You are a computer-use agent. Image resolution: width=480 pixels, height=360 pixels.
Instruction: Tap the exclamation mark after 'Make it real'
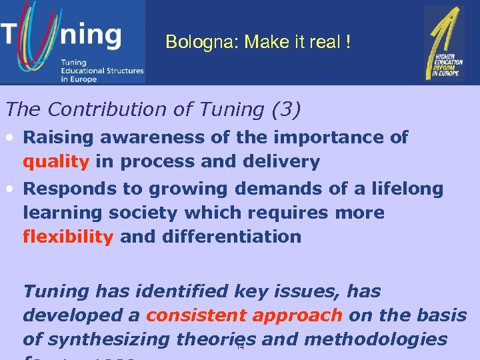347,43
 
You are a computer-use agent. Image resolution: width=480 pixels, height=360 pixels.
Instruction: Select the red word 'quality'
56,162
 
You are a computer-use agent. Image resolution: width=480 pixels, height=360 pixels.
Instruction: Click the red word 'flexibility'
68,237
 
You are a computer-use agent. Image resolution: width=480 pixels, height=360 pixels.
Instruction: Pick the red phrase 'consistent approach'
244,315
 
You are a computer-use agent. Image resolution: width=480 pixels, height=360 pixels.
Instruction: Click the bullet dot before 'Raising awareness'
11,138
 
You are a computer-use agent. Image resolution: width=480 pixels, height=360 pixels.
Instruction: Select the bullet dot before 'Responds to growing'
11,189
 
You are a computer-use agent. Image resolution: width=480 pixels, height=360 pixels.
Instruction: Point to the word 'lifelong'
409,189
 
